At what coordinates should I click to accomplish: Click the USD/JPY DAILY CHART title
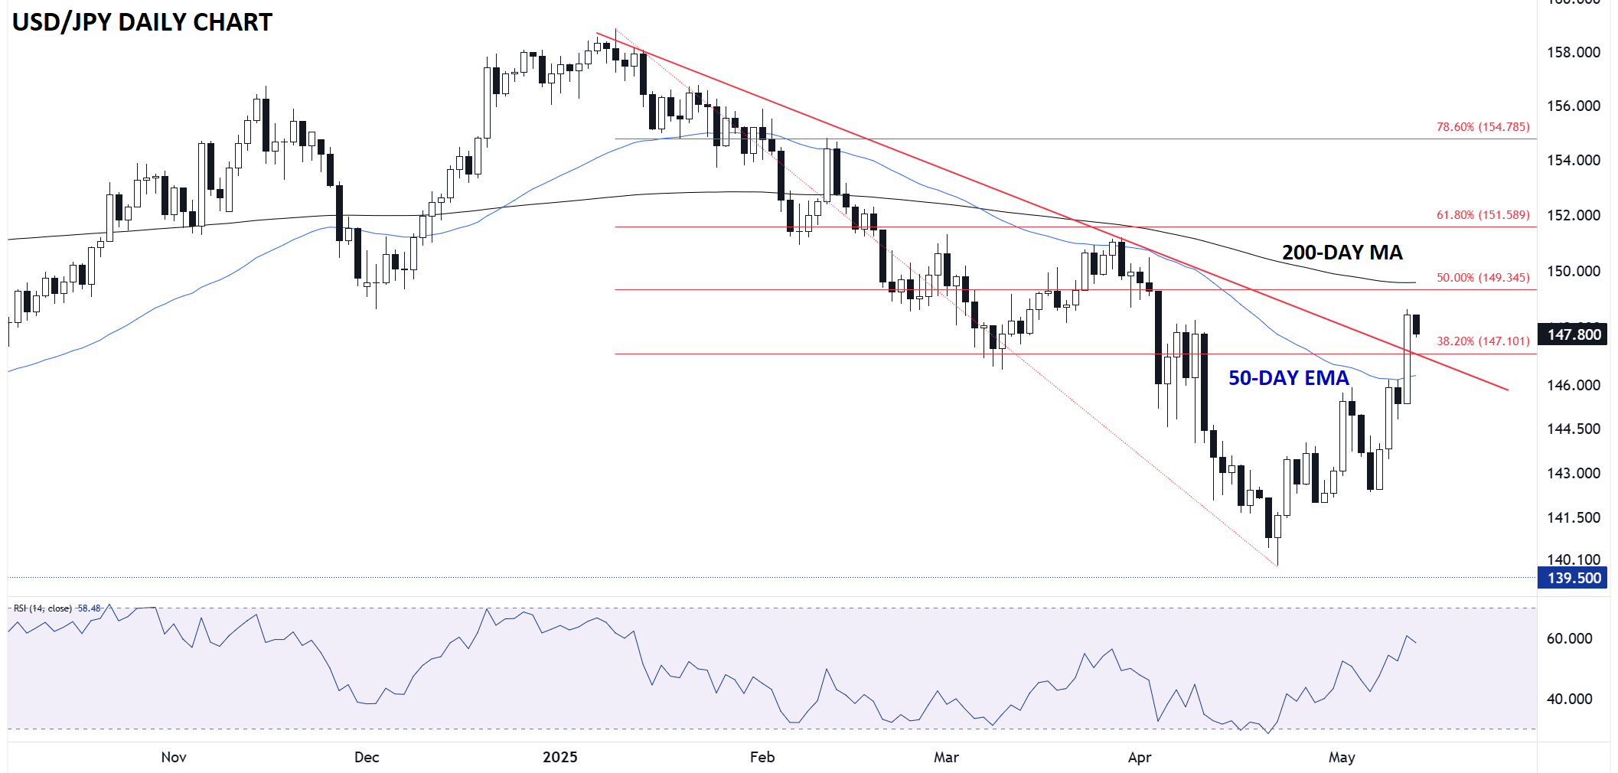pos(142,22)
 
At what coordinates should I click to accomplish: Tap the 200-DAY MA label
pos(1342,253)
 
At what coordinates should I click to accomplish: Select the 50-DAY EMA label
pos(1288,378)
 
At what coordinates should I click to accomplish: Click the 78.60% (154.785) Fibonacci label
pos(1483,127)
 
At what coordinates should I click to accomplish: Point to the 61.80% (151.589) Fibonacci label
pos(1483,215)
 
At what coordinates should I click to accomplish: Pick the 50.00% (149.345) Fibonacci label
pos(1483,278)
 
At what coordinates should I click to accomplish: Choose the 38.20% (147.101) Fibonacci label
pos(1483,341)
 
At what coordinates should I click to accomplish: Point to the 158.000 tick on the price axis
pos(1573,52)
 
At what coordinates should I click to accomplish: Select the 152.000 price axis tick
pos(1573,215)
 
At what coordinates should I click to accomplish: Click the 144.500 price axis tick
pos(1573,429)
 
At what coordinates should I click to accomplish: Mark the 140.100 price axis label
pos(1573,559)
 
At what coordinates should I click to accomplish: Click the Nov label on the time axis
pos(174,757)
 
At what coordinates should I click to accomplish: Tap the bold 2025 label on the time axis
pos(559,757)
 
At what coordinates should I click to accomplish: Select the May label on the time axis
pos(1341,757)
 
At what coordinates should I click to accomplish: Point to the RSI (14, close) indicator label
pos(43,608)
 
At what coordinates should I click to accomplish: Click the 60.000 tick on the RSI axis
pos(1569,638)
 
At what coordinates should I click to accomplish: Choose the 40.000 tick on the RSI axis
pos(1569,699)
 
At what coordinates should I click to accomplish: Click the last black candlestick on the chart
pos(1417,325)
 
